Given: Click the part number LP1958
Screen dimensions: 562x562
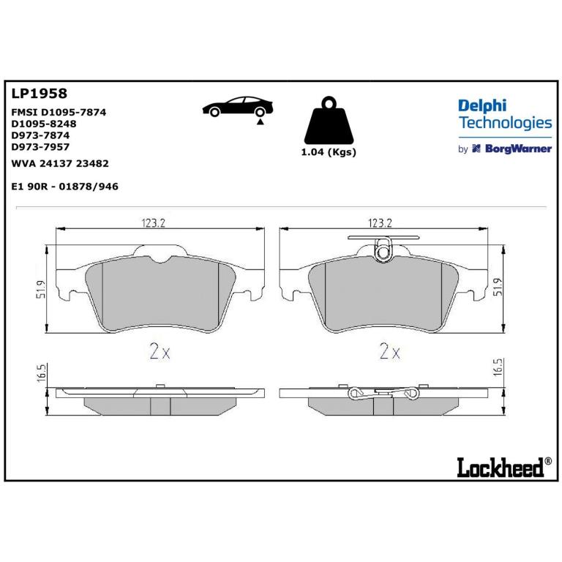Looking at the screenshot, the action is click(x=39, y=94).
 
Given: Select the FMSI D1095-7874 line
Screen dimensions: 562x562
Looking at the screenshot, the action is click(x=59, y=112).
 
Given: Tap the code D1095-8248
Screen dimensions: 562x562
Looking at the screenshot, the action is click(x=44, y=124).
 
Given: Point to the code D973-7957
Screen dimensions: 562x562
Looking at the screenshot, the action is click(x=40, y=146).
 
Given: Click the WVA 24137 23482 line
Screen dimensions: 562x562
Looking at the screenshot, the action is click(x=60, y=163).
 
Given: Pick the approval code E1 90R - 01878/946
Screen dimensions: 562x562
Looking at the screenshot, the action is click(x=65, y=187).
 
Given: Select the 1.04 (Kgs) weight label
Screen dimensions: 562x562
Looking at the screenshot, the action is click(x=329, y=152).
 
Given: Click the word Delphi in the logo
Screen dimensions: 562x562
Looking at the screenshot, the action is click(x=482, y=106).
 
